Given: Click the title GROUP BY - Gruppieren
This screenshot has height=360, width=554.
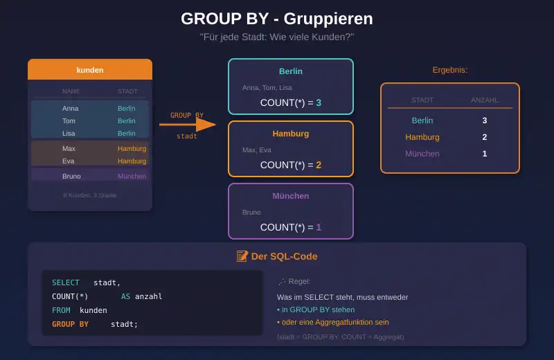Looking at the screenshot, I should click(x=276, y=19).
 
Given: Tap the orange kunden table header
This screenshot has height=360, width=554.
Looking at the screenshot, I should click(x=90, y=70).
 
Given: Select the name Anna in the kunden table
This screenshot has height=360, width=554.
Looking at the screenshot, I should click(x=70, y=109).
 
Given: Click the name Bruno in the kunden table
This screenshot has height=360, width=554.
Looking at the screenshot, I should click(x=71, y=177).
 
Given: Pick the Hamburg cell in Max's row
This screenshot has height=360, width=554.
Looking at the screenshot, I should click(x=132, y=149).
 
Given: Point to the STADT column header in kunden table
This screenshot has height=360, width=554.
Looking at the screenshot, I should click(x=127, y=91).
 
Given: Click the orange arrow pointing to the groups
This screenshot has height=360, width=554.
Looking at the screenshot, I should click(x=187, y=125).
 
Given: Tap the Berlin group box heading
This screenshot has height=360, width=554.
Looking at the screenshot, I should click(x=291, y=71).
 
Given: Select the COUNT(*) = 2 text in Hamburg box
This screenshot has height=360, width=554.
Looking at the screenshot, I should click(x=291, y=165).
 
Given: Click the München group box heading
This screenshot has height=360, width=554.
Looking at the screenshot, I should click(x=291, y=196).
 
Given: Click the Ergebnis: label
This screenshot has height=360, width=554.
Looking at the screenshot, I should click(x=450, y=71).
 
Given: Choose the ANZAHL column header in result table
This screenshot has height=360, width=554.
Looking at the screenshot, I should click(x=485, y=100).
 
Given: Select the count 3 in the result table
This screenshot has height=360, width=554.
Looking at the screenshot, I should click(x=485, y=120).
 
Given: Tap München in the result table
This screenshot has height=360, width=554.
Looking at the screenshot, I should click(x=422, y=154).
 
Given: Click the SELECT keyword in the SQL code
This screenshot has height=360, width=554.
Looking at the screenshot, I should click(x=66, y=282).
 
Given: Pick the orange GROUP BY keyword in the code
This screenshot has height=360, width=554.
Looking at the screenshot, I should click(x=70, y=324).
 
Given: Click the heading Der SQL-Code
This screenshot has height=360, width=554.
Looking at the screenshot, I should click(x=284, y=256).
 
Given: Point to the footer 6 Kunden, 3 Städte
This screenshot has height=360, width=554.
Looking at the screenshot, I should click(x=90, y=195).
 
